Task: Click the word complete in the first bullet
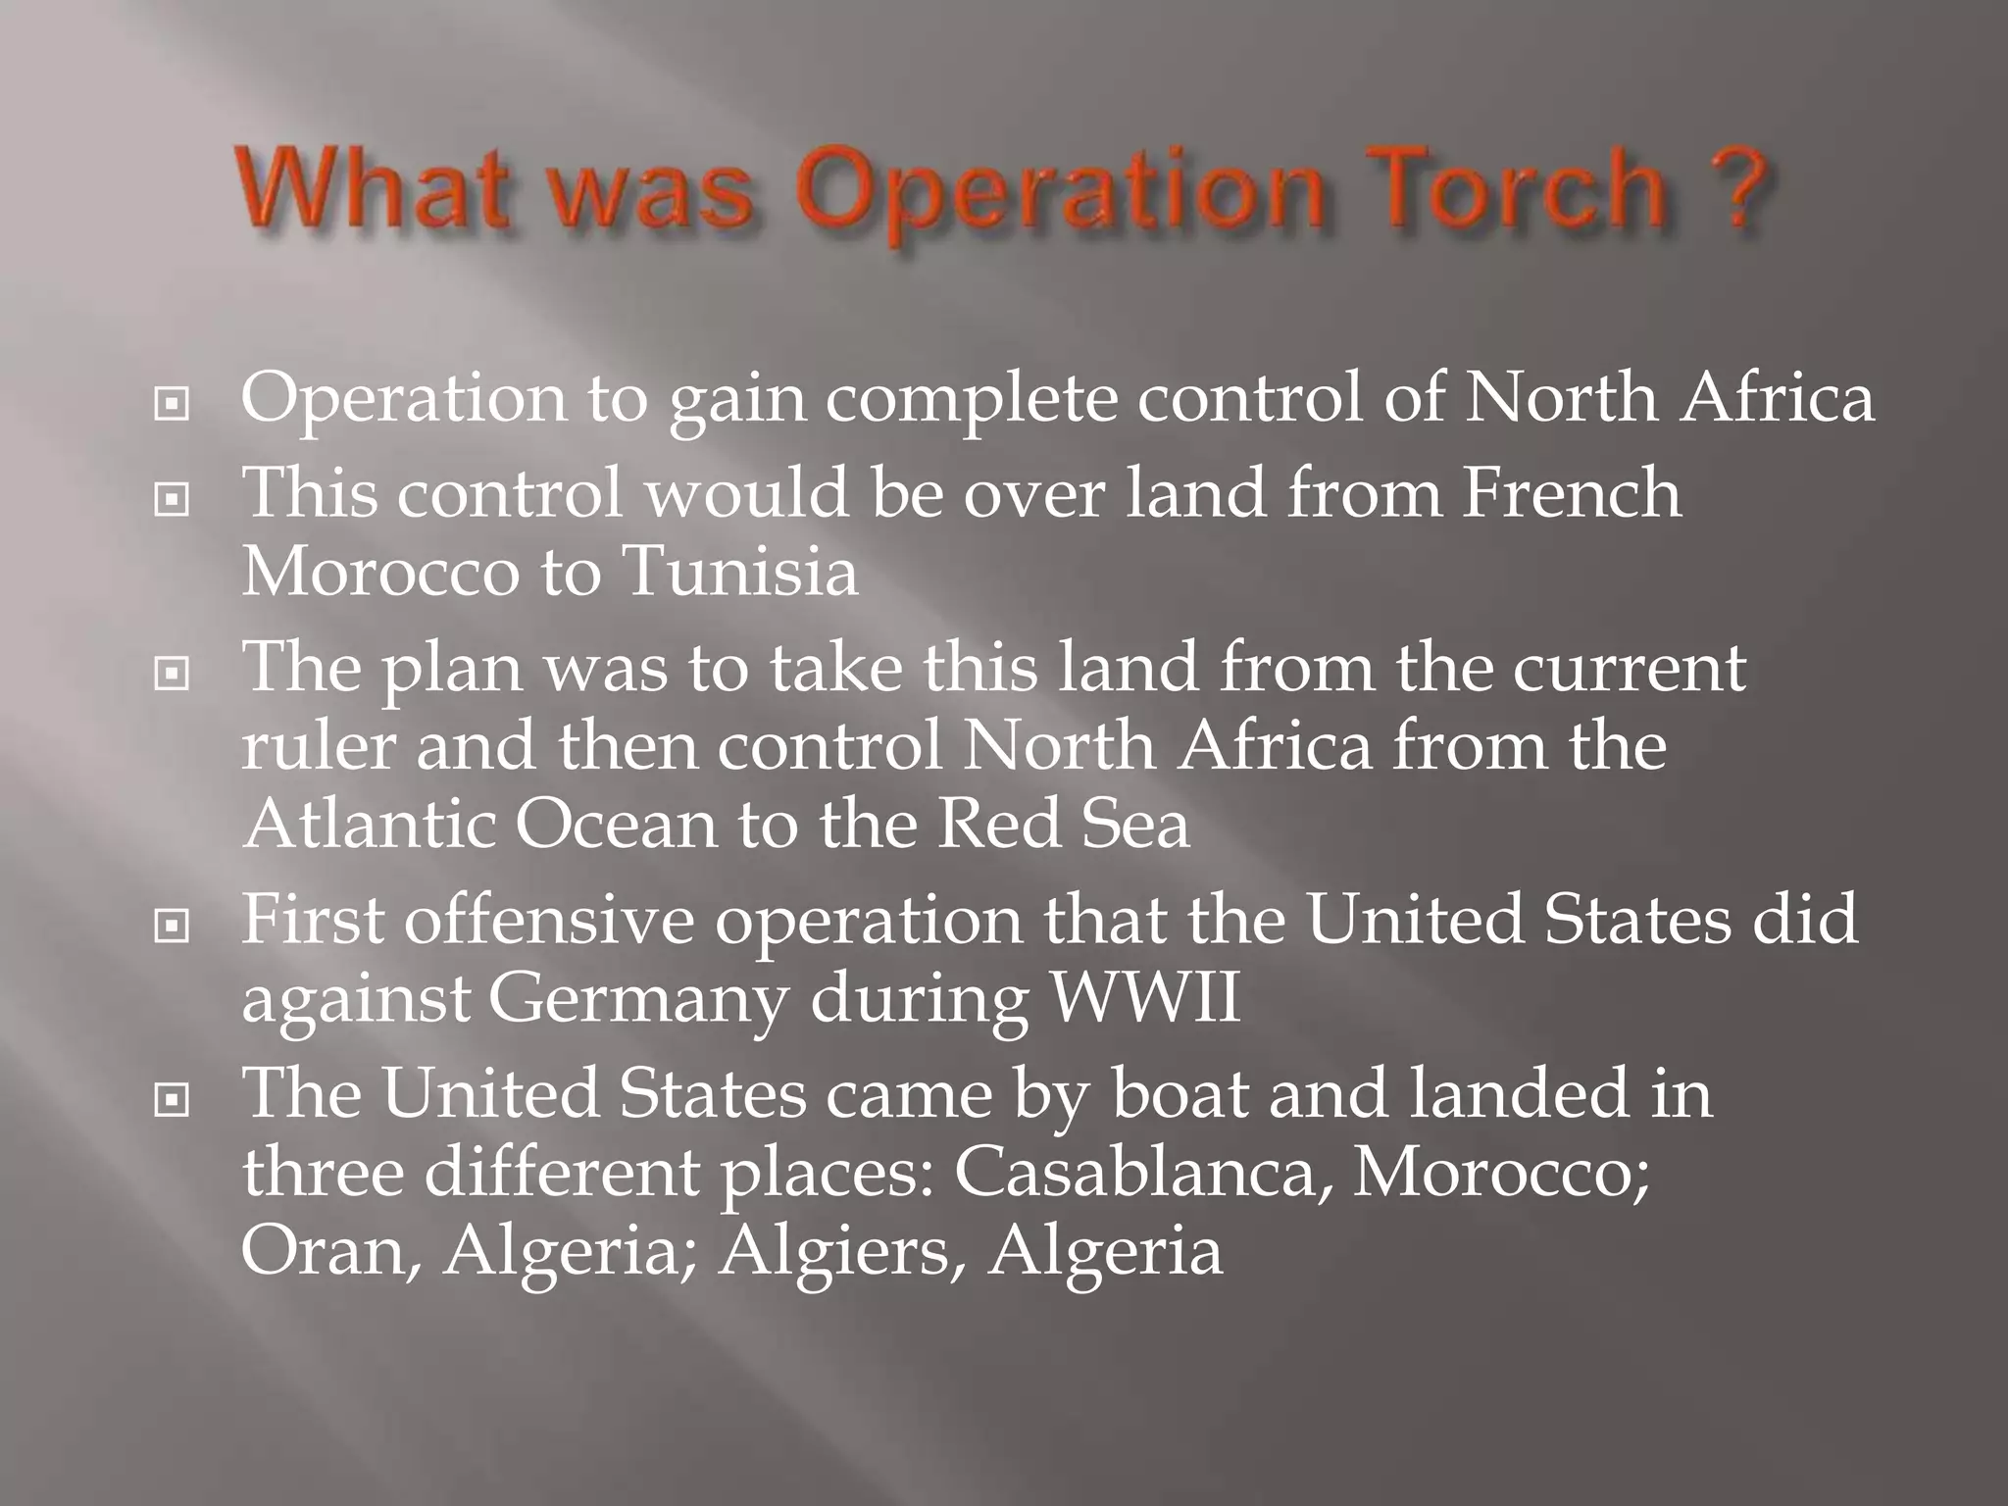point(971,400)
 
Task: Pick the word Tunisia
point(740,571)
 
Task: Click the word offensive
point(549,920)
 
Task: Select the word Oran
point(327,1251)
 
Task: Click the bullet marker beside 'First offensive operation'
point(172,925)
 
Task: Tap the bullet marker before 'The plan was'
point(172,673)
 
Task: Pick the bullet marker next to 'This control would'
point(172,499)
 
